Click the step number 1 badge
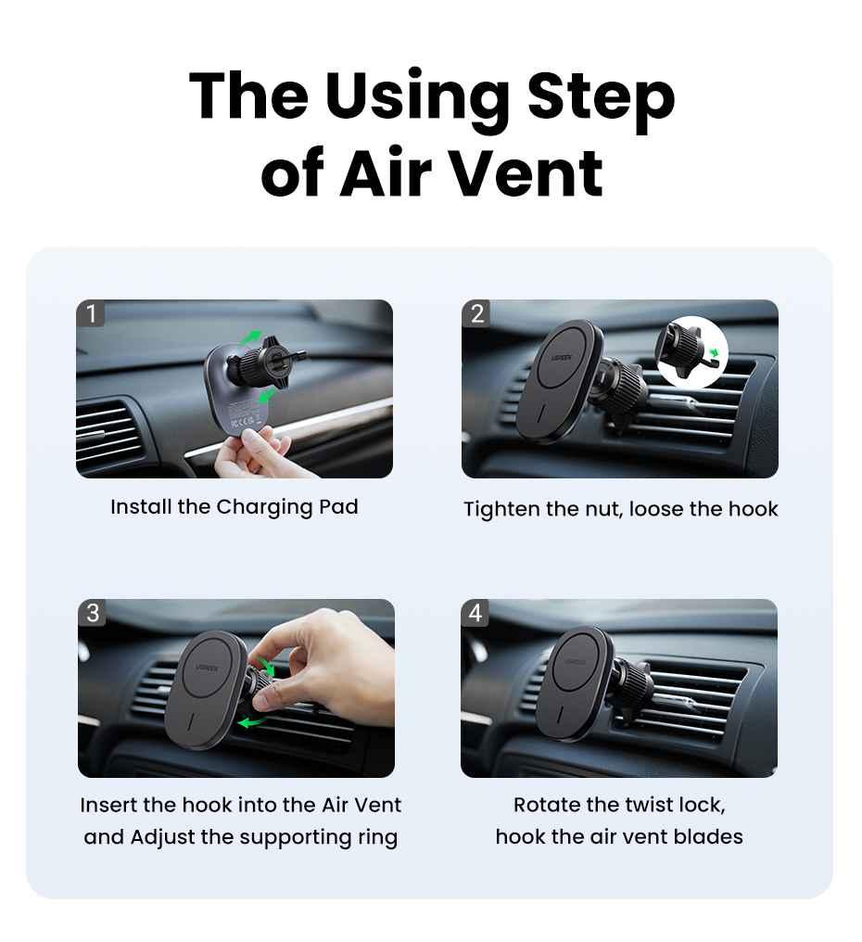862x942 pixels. point(91,313)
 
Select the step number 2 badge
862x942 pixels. point(477,313)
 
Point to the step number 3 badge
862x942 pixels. point(93,613)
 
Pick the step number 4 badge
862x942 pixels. point(475,613)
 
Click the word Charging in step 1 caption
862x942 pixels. point(264,508)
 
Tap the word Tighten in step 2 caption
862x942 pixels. point(501,510)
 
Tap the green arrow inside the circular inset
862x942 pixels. point(713,352)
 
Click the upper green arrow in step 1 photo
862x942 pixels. point(252,337)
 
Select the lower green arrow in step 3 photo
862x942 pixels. point(252,721)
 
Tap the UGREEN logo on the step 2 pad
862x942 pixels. point(562,358)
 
